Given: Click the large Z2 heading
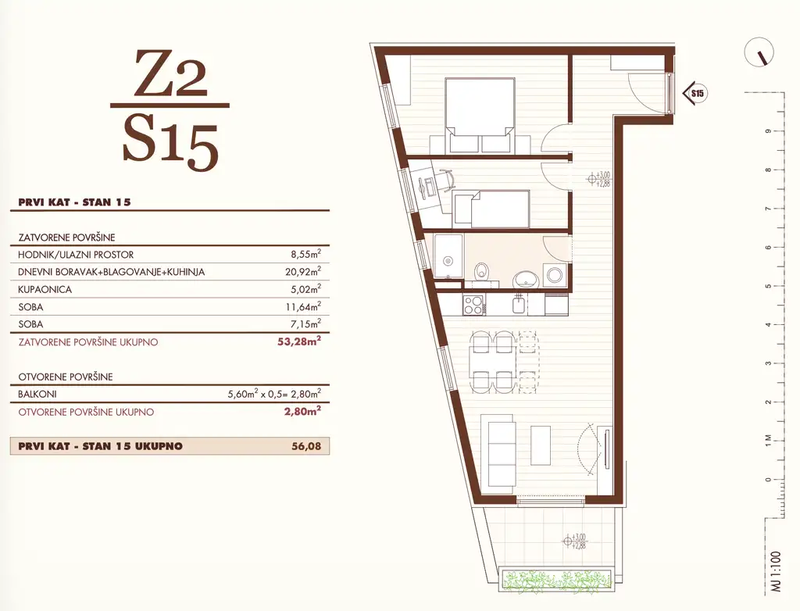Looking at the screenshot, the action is [171, 73].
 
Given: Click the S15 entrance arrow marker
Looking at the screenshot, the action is [695, 93].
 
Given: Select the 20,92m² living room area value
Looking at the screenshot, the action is [303, 272].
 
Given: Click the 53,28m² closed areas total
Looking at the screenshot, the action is [299, 341].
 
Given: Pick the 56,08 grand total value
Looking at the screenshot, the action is [306, 446].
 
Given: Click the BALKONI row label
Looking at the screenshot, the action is [37, 394].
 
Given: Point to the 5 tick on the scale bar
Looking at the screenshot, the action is [769, 287].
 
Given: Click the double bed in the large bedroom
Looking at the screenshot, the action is [480, 115].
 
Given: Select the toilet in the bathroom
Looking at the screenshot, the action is [480, 271].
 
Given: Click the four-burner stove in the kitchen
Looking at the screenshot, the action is [473, 305].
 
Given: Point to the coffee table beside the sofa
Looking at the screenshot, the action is [541, 445].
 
